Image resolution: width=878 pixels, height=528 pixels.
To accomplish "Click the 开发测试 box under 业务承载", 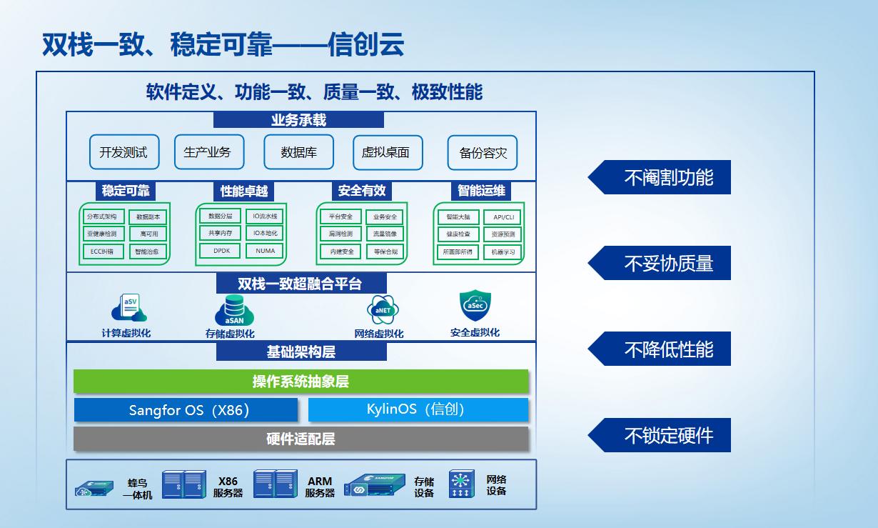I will (123, 152).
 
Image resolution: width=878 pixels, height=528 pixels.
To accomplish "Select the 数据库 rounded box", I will (299, 152).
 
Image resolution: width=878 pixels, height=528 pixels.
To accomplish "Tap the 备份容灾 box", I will (483, 153).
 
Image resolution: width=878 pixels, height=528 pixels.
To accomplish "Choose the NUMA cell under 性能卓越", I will (265, 251).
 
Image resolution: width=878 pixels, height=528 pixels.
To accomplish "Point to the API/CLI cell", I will (503, 217).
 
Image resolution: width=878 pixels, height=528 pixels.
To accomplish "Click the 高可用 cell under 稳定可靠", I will (148, 234).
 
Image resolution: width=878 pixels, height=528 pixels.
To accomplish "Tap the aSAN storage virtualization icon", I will (234, 311).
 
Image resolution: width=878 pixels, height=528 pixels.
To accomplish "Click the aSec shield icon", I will (475, 306).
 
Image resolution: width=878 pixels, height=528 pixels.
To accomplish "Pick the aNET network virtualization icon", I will (383, 311).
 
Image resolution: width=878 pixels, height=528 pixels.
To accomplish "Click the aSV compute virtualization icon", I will (128, 308).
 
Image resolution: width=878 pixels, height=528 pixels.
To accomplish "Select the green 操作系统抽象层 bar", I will (301, 382).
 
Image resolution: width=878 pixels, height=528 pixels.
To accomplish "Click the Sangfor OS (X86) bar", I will (186, 410).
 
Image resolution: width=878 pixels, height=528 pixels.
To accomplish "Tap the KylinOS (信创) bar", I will (418, 409).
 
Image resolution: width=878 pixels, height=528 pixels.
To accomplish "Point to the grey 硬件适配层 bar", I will (301, 439).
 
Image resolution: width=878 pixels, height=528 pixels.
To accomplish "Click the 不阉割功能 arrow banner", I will (660, 177).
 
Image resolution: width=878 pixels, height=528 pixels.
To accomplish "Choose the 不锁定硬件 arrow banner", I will (660, 435).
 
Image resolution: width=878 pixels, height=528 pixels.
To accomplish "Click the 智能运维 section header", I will (481, 191).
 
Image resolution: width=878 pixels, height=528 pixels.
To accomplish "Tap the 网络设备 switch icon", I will (462, 484).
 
